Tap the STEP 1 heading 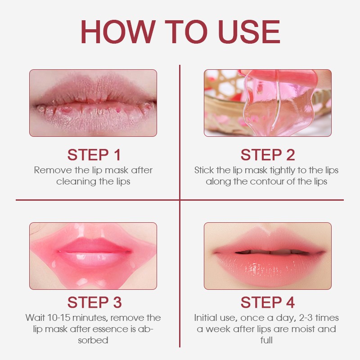(x=94, y=155)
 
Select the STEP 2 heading (x=267, y=155)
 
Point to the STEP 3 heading (x=94, y=302)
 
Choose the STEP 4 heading (x=267, y=302)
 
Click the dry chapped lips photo (x=93, y=103)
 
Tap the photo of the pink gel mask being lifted (x=267, y=103)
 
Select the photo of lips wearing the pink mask (x=93, y=256)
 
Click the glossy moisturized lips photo (x=267, y=256)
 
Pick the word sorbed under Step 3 (x=93, y=340)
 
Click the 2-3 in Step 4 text (x=304, y=318)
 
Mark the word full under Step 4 (x=266, y=340)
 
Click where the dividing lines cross (x=180, y=200)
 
